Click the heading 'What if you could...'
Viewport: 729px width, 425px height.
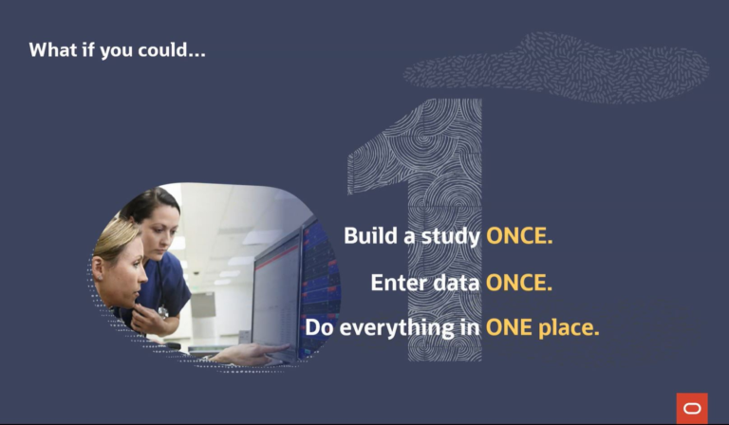pyautogui.click(x=117, y=49)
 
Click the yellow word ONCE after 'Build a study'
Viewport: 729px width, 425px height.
pyautogui.click(x=519, y=236)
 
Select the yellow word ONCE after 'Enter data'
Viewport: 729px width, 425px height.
pyautogui.click(x=519, y=282)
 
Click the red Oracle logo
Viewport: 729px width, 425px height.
pyautogui.click(x=692, y=408)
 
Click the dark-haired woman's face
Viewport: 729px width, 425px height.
pyautogui.click(x=162, y=229)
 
